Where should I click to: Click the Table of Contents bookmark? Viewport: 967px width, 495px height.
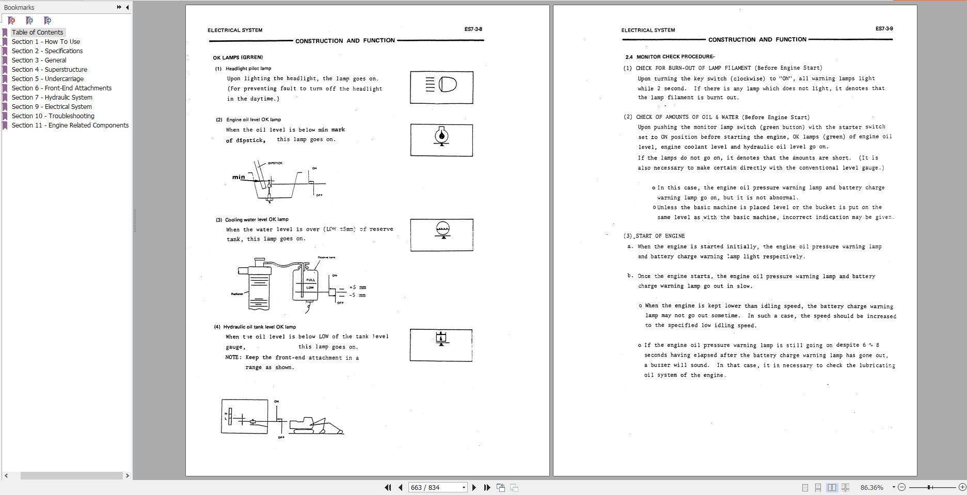pyautogui.click(x=37, y=32)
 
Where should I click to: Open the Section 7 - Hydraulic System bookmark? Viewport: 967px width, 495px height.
pyautogui.click(x=52, y=97)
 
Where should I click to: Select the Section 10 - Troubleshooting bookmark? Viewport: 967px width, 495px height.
pyautogui.click(x=53, y=116)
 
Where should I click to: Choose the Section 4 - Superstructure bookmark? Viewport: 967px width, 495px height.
pyautogui.click(x=49, y=69)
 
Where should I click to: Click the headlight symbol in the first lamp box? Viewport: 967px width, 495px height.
pyautogui.click(x=441, y=85)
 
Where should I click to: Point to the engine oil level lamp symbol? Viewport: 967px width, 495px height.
pyautogui.click(x=441, y=136)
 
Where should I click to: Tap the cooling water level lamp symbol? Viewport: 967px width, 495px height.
pyautogui.click(x=442, y=230)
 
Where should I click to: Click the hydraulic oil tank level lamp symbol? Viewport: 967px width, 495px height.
pyautogui.click(x=441, y=339)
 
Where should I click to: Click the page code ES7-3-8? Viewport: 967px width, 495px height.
pyautogui.click(x=473, y=29)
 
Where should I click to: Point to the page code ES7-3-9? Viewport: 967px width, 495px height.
pyautogui.click(x=884, y=29)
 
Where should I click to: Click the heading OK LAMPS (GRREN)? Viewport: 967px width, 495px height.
pyautogui.click(x=237, y=57)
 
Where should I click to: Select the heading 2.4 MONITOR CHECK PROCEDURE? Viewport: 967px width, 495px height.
pyautogui.click(x=670, y=57)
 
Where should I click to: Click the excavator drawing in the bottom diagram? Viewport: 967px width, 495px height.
pyautogui.click(x=315, y=425)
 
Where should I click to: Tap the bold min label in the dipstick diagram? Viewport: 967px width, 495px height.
pyautogui.click(x=239, y=177)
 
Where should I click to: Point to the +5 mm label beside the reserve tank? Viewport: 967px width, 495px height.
pyautogui.click(x=357, y=287)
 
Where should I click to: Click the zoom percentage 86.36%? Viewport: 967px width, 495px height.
pyautogui.click(x=871, y=487)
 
